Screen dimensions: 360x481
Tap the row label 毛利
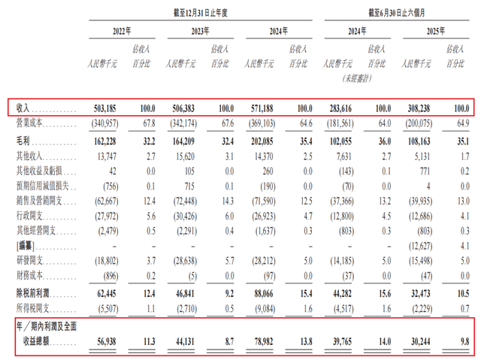(25, 140)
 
